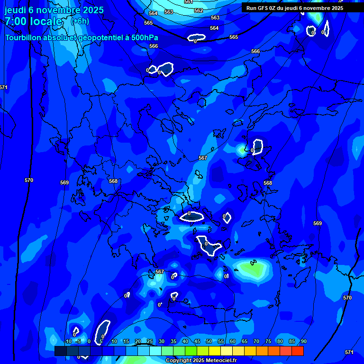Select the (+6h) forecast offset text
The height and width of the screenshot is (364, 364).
(80, 21)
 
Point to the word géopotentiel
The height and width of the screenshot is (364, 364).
(97, 38)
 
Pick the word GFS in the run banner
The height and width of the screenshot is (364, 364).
(264, 8)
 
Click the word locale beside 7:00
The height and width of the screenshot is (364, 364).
(46, 21)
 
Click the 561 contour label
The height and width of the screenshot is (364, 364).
(189, 2)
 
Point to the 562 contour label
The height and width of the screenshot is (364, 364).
(199, 10)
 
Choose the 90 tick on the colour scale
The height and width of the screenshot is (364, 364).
(303, 341)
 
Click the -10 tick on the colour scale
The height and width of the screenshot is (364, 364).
(68, 341)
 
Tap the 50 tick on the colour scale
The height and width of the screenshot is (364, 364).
(209, 341)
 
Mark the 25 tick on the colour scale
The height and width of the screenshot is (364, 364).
(149, 341)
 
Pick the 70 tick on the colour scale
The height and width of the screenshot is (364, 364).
(256, 341)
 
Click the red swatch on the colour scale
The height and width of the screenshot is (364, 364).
(298, 351)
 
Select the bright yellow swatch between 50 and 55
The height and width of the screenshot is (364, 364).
(215, 351)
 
